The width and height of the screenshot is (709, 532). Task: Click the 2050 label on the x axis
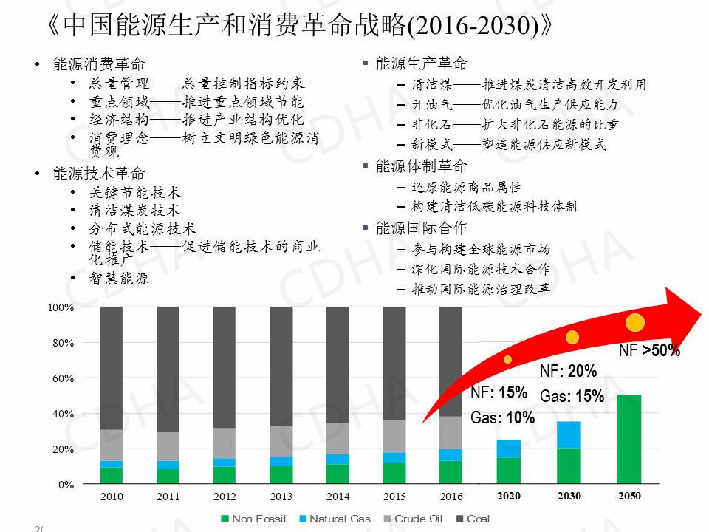tap(629, 496)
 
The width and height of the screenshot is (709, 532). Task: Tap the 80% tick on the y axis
tap(61, 343)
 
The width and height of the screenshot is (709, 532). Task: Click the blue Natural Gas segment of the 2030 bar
tap(569, 434)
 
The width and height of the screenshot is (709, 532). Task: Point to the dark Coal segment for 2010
tap(112, 367)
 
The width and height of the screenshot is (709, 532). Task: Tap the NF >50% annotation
tap(649, 351)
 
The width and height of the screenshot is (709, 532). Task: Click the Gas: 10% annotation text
tap(502, 418)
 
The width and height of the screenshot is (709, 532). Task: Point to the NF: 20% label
tap(568, 372)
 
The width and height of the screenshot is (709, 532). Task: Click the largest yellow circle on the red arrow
tap(635, 322)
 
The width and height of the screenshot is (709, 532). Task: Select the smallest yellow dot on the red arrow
tap(507, 359)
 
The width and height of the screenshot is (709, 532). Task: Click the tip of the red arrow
tap(700, 313)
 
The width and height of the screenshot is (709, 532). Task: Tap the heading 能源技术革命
tap(99, 174)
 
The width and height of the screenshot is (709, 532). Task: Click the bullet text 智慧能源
tap(119, 279)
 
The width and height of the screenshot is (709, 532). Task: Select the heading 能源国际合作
tap(421, 228)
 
